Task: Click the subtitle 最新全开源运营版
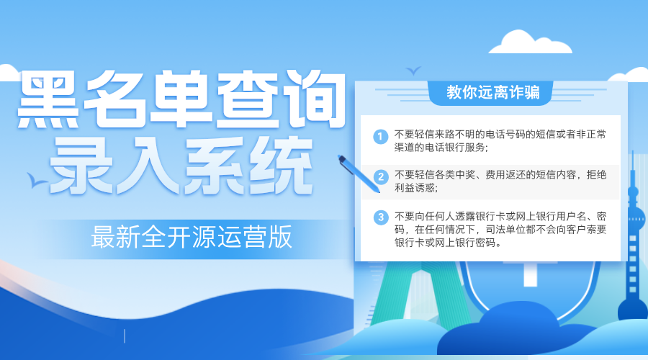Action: [x=192, y=237]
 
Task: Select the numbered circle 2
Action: [x=381, y=176]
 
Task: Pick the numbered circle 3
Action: [x=381, y=217]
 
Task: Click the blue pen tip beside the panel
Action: [x=343, y=158]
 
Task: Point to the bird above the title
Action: [x=413, y=71]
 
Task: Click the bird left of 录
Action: [x=32, y=178]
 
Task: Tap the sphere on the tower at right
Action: [x=634, y=194]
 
